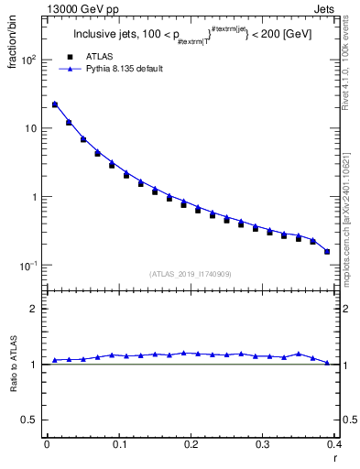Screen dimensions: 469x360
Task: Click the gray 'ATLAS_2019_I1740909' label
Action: pyautogui.click(x=191, y=274)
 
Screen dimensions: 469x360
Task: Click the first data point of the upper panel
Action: pyautogui.click(x=54, y=104)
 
